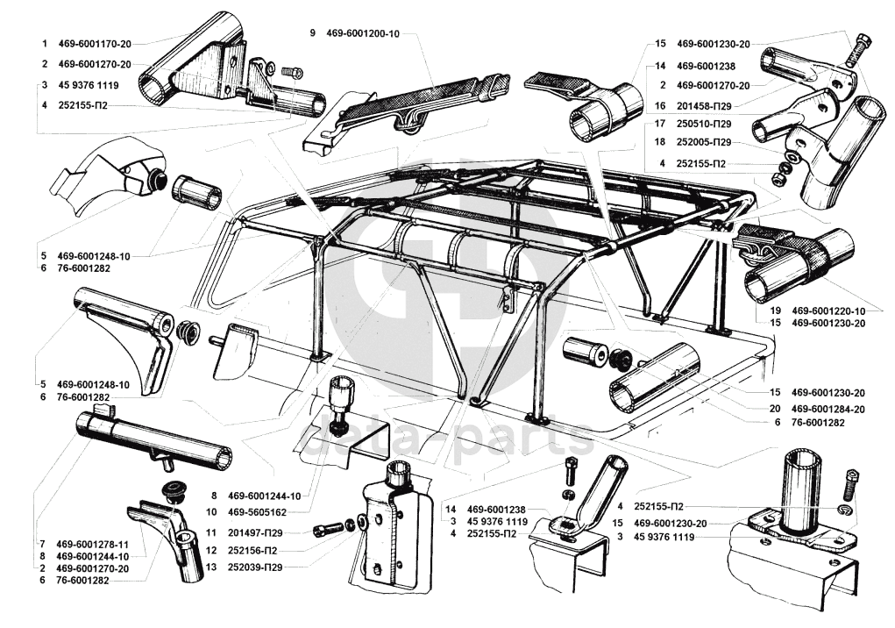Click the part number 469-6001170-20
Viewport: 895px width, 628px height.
tap(95, 42)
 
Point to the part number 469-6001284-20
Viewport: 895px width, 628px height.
tap(828, 409)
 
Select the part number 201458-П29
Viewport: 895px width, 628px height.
tap(711, 105)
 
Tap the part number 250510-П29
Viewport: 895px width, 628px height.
tap(711, 125)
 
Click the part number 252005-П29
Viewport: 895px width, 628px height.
tap(711, 143)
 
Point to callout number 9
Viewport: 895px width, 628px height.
tap(312, 32)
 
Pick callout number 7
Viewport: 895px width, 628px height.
tap(42, 543)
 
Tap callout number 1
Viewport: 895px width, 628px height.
tap(42, 42)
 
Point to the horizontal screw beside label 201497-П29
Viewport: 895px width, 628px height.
tap(328, 528)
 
